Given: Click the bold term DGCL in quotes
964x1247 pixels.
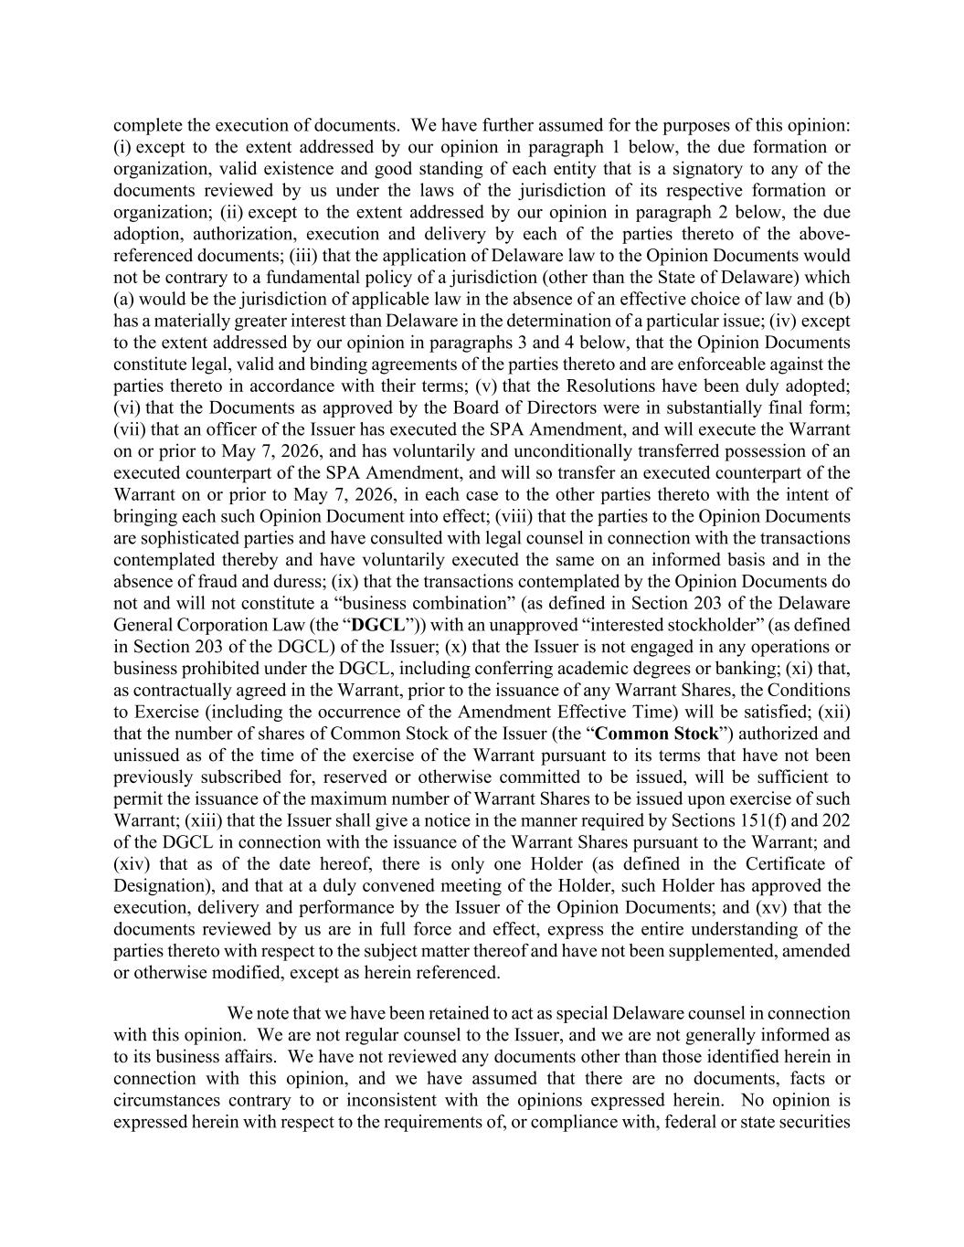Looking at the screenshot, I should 379,625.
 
